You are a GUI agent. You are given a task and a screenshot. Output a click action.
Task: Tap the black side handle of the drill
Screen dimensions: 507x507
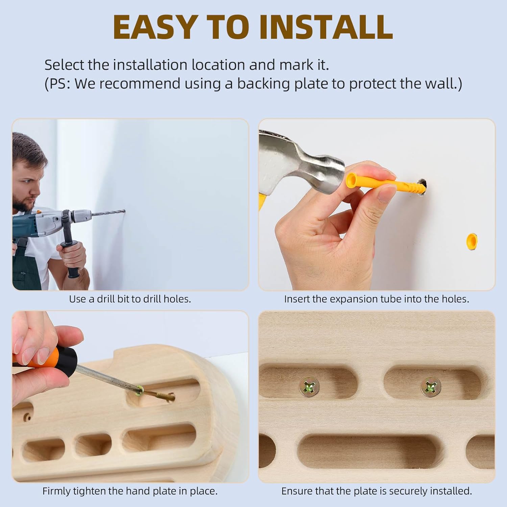(73, 257)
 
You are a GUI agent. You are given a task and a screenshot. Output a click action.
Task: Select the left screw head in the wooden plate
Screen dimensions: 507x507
(309, 386)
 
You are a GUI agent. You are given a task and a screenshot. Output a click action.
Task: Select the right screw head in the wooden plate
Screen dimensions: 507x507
(431, 386)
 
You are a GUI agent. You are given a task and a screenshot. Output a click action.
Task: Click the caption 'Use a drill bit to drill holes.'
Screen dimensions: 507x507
(130, 299)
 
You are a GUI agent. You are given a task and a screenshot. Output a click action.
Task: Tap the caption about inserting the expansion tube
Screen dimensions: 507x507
(377, 299)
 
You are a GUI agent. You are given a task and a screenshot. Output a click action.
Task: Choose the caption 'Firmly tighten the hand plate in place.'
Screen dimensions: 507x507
(130, 491)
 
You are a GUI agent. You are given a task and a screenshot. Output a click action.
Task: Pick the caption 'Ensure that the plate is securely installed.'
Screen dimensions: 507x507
(377, 491)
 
